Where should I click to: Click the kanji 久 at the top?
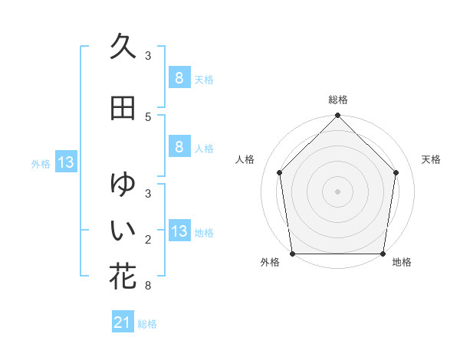[x=123, y=47]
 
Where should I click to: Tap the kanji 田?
[x=123, y=108]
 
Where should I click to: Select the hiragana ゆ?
[x=123, y=185]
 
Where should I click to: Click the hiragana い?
[x=123, y=229]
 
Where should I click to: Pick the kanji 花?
[x=123, y=276]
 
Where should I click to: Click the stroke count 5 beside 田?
[x=148, y=116]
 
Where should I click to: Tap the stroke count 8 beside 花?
[x=148, y=286]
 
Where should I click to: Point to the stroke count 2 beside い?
[x=148, y=240]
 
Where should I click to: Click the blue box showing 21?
[x=123, y=323]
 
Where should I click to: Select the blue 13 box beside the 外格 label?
[x=66, y=162]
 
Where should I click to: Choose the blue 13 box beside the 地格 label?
[x=179, y=231]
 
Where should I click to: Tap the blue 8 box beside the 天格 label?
[x=179, y=77]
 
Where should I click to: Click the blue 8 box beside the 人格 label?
[x=179, y=147]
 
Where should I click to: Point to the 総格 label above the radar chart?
[x=338, y=100]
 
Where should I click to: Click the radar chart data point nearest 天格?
[x=396, y=172]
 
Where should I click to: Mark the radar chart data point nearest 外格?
[x=293, y=254]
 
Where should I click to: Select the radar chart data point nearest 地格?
[x=383, y=254]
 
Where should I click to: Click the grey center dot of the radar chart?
[x=338, y=191]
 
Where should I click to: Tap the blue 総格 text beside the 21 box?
[x=147, y=324]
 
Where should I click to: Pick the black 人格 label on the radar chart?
[x=245, y=159]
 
